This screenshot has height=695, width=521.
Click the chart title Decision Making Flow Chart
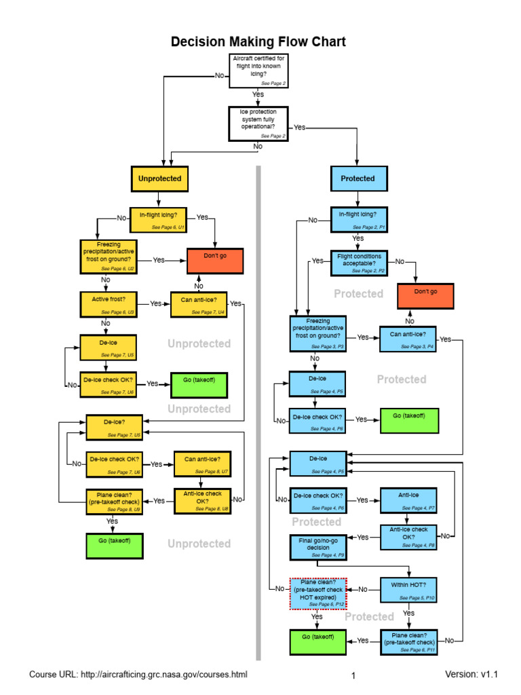[x=258, y=42]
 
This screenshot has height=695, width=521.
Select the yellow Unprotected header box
[x=159, y=179]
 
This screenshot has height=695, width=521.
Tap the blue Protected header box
[x=358, y=179]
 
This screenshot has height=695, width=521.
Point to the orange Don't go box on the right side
[x=425, y=297]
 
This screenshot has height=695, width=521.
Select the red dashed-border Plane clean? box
[x=318, y=593]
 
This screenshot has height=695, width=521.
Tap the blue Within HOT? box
[x=409, y=590]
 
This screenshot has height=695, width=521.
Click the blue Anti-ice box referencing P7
[x=408, y=500]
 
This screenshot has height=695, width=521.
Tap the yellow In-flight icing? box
[x=158, y=219]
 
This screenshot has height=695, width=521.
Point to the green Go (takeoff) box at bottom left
[x=115, y=545]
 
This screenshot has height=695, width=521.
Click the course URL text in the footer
[x=138, y=675]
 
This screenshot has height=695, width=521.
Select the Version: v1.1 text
[x=471, y=675]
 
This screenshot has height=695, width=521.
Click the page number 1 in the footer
[x=353, y=676]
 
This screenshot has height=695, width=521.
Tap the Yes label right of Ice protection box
[x=299, y=127]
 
